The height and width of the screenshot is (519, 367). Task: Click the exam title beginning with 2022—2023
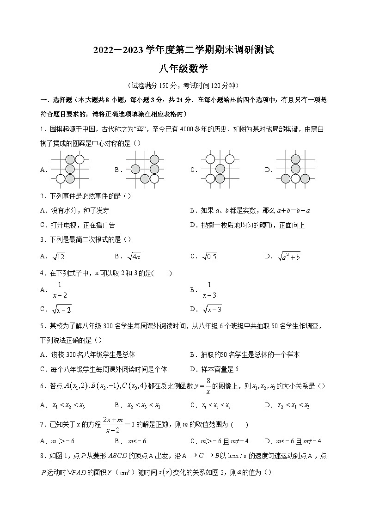(x=183, y=50)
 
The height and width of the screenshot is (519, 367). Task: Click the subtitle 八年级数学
(x=183, y=69)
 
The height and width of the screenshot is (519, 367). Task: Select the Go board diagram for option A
(x=70, y=169)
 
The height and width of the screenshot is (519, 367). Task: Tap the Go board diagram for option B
(x=145, y=169)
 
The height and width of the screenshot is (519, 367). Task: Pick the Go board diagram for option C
(x=220, y=169)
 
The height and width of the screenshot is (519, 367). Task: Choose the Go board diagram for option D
(x=295, y=169)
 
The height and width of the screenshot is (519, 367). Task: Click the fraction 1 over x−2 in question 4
(x=60, y=290)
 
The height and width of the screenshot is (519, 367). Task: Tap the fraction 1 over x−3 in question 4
(x=209, y=290)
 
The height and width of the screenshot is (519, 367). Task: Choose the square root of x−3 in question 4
(x=212, y=309)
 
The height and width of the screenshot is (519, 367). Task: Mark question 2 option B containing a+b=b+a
(x=250, y=210)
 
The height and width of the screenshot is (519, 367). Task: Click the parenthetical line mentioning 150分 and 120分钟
(x=183, y=85)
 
